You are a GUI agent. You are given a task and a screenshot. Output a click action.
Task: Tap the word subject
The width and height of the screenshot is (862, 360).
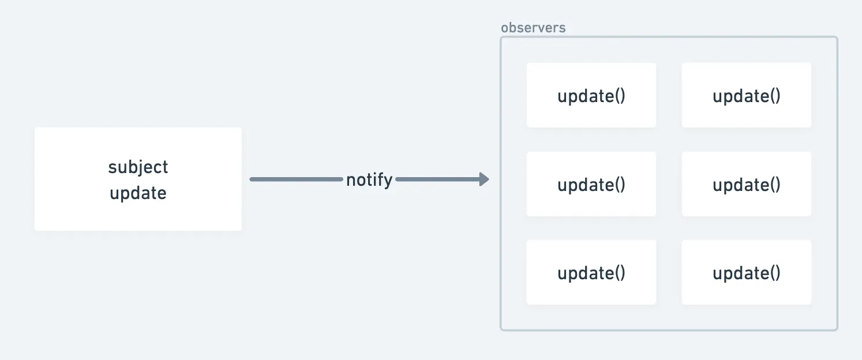pos(138,167)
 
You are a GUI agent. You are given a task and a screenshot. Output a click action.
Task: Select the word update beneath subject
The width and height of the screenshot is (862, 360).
pos(138,193)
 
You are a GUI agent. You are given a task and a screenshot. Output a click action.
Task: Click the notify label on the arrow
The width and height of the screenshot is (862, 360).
pos(369,180)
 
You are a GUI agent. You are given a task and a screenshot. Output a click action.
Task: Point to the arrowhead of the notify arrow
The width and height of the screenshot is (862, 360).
pos(484,179)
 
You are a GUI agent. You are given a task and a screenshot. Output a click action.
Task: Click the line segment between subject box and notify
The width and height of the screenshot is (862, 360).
pos(296,179)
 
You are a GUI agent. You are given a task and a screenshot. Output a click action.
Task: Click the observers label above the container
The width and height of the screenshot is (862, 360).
pos(533,28)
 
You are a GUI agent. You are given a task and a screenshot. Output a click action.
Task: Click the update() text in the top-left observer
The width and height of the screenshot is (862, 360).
pos(591,96)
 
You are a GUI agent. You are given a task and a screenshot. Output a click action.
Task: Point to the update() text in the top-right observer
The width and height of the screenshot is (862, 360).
pos(746,96)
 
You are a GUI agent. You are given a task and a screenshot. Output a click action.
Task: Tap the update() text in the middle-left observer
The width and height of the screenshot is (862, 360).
pos(591,185)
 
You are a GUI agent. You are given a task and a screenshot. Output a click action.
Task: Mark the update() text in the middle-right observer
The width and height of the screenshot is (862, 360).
pos(746,185)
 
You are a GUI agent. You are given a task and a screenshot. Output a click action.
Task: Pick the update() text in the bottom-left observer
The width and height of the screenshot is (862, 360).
pos(591,273)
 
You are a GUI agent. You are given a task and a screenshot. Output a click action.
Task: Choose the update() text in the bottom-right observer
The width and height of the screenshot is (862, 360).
pos(746,273)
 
